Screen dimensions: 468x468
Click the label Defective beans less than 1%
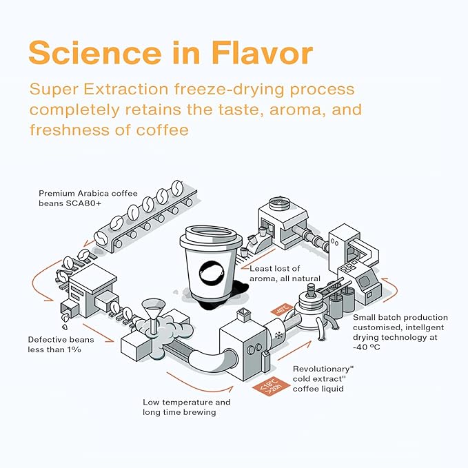pos(61,345)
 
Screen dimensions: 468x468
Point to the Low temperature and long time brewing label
pos(187,407)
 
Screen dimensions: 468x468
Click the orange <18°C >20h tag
pos(271,386)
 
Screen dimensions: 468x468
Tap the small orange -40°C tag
pos(281,309)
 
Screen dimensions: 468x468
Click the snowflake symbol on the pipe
pos(279,335)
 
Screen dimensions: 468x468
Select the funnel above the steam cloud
pos(153,314)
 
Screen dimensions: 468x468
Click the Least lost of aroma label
pos(285,274)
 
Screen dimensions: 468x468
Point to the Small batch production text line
pos(400,317)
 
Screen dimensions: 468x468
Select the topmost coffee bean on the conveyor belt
pos(178,187)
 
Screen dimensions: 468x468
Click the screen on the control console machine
pos(364,281)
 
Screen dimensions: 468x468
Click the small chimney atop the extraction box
pos(244,315)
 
